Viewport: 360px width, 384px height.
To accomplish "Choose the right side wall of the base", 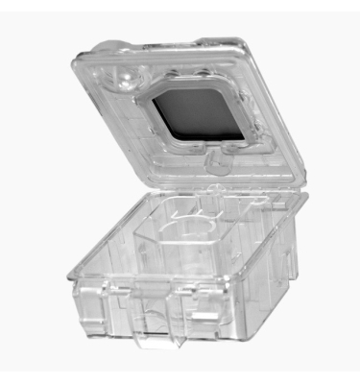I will (274, 259).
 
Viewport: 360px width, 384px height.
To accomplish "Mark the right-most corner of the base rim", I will (306, 197).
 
